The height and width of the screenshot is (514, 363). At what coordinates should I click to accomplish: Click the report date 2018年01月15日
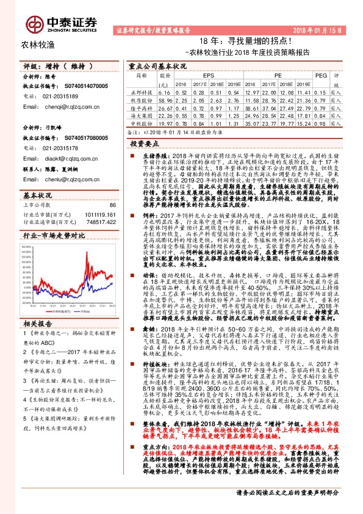pyautogui.click(x=330, y=29)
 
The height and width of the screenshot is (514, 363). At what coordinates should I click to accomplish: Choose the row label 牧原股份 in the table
pyautogui.click(x=142, y=98)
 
